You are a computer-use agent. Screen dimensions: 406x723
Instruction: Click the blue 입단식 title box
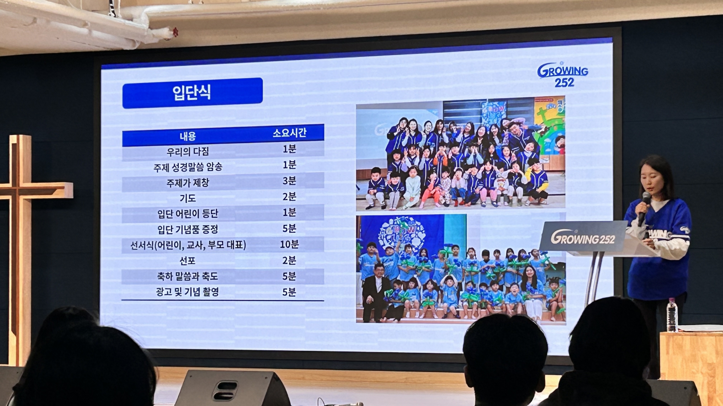click(192, 93)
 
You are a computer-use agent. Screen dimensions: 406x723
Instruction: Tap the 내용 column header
click(188, 136)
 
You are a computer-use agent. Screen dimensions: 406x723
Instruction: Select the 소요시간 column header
click(289, 133)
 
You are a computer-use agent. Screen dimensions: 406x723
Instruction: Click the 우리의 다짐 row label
click(188, 151)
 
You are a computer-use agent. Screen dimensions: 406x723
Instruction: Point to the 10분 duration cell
click(289, 244)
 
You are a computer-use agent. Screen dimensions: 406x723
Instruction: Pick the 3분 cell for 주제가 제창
click(289, 181)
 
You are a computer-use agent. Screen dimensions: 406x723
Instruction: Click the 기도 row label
click(188, 198)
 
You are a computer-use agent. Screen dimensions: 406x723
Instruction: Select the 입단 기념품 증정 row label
click(188, 229)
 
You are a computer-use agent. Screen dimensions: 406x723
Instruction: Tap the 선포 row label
click(188, 261)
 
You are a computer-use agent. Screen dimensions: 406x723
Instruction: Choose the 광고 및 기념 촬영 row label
click(188, 292)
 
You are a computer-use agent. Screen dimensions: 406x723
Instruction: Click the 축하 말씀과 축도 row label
click(188, 276)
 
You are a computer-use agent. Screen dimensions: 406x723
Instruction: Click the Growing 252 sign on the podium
click(583, 238)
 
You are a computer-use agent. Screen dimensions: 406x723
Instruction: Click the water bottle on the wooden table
click(671, 315)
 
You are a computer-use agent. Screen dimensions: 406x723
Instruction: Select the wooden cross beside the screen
click(23, 226)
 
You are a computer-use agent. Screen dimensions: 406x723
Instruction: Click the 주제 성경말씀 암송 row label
click(188, 167)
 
